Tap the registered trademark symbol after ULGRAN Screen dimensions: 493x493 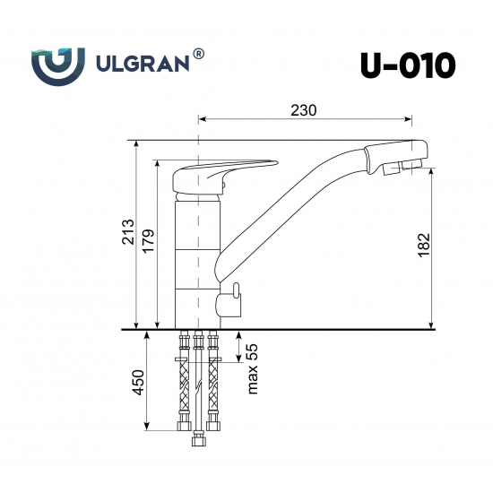coord(198,55)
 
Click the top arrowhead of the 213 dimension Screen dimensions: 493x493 coord(135,144)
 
